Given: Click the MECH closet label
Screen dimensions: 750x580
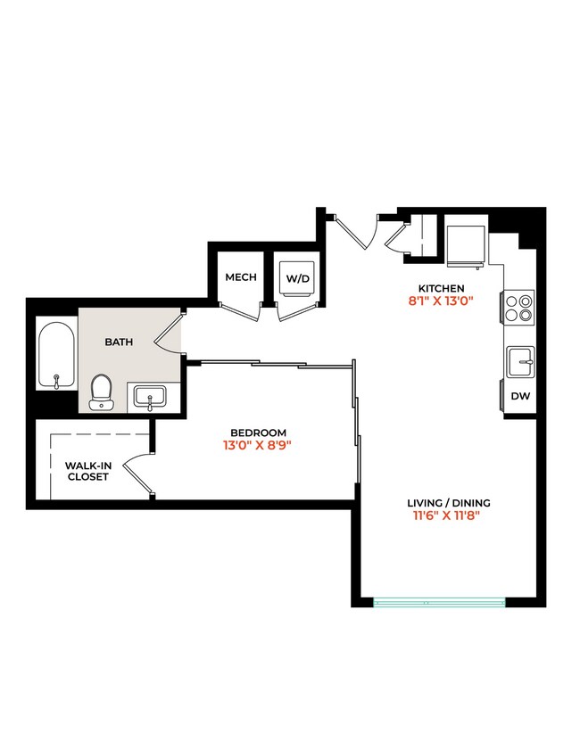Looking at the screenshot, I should (x=240, y=277).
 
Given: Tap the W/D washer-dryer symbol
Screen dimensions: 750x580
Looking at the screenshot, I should (x=297, y=278).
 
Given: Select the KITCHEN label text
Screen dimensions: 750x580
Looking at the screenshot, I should (x=441, y=288).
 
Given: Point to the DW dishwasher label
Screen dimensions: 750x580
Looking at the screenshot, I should (x=519, y=396).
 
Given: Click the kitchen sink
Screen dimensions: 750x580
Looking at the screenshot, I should (x=520, y=362).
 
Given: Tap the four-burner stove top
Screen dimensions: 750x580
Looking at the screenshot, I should (x=519, y=307).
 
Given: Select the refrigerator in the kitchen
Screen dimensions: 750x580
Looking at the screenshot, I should (x=466, y=244).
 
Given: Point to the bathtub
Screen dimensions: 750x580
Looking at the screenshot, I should (x=57, y=354).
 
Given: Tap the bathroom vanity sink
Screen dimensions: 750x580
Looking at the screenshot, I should (x=153, y=396).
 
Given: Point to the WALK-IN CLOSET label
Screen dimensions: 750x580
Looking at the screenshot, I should (x=88, y=470).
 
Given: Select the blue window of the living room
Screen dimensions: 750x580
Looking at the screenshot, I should (x=439, y=603).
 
